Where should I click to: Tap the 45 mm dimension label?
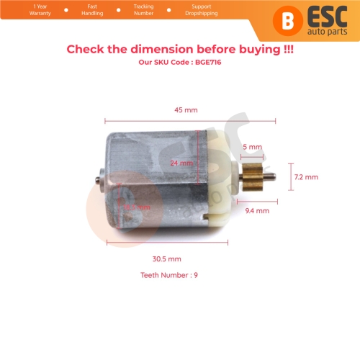[x=185, y=110]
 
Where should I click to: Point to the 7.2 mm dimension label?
[x=306, y=176]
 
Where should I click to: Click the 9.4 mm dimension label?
[x=257, y=211]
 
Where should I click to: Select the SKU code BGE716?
[x=180, y=63]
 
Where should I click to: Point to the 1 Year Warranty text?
[x=23, y=10]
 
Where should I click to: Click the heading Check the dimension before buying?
[x=180, y=50]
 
